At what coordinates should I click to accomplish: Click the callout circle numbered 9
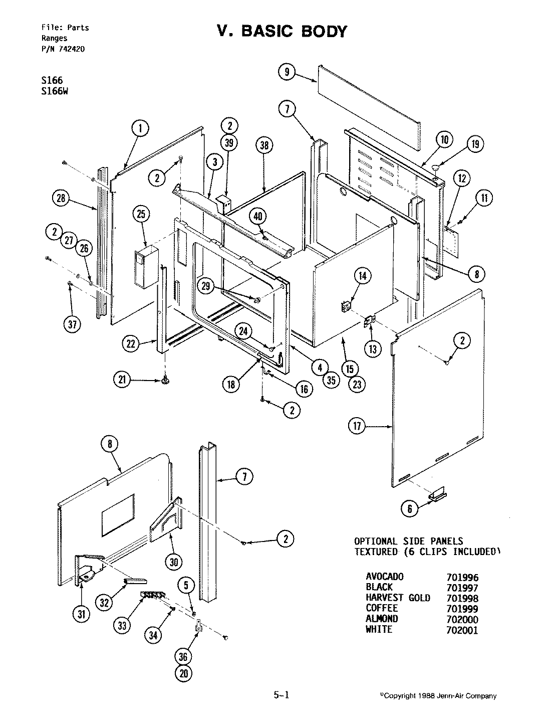(x=287, y=72)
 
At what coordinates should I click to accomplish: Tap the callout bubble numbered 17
(x=356, y=427)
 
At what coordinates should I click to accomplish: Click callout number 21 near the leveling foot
(x=122, y=381)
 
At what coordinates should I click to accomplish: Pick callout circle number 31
(x=79, y=613)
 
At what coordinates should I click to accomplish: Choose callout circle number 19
(x=475, y=144)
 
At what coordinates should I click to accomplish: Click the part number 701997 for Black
(x=461, y=588)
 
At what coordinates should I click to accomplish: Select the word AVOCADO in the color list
(x=384, y=577)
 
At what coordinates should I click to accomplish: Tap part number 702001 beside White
(x=461, y=630)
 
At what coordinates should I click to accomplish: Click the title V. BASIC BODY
(x=282, y=31)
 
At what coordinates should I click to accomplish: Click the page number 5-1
(x=281, y=695)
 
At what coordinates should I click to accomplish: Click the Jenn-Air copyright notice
(x=438, y=696)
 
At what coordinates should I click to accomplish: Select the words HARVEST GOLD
(x=398, y=598)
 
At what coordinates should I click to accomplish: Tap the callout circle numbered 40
(x=257, y=217)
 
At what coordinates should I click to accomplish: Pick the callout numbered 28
(x=62, y=199)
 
